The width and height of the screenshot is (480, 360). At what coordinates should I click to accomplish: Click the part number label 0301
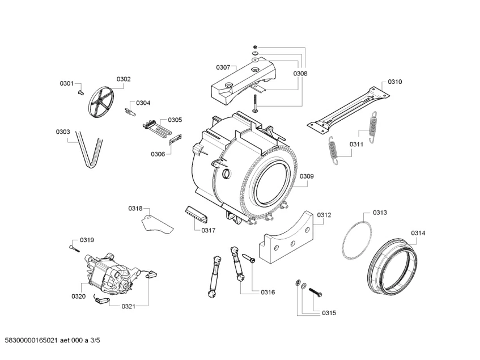(x=67, y=84)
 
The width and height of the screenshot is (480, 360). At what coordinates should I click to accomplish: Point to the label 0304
(x=143, y=103)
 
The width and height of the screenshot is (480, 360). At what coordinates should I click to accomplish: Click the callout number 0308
(x=300, y=74)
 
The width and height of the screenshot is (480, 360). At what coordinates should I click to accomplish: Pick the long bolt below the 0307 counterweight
(x=254, y=103)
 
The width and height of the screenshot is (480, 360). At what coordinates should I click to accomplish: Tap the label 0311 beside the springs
(x=356, y=144)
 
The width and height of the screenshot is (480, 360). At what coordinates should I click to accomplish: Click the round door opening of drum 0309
(x=271, y=183)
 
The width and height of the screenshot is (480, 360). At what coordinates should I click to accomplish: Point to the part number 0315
(x=329, y=313)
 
